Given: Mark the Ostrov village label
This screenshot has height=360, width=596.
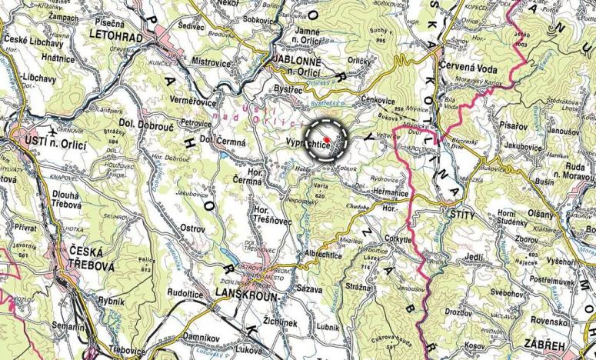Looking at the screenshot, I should [192, 228].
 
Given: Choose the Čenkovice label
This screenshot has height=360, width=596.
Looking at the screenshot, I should [378, 101].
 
